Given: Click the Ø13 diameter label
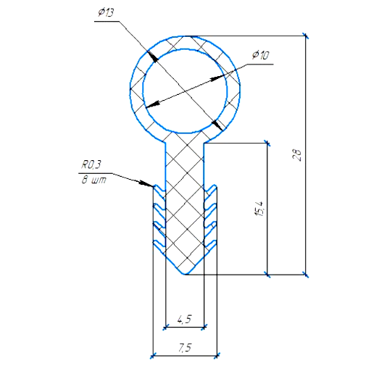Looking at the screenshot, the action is [x=106, y=12].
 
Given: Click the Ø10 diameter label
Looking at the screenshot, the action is [x=260, y=55].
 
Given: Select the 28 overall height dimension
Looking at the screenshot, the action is [x=297, y=155].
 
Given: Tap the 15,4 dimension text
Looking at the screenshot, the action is [x=259, y=208].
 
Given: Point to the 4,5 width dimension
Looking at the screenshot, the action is [x=184, y=319].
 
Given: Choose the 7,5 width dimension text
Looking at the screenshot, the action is [x=185, y=348].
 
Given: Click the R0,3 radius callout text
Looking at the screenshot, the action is [x=91, y=164].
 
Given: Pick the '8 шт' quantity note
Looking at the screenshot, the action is [x=93, y=180].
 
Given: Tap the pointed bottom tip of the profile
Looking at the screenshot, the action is [x=185, y=275].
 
